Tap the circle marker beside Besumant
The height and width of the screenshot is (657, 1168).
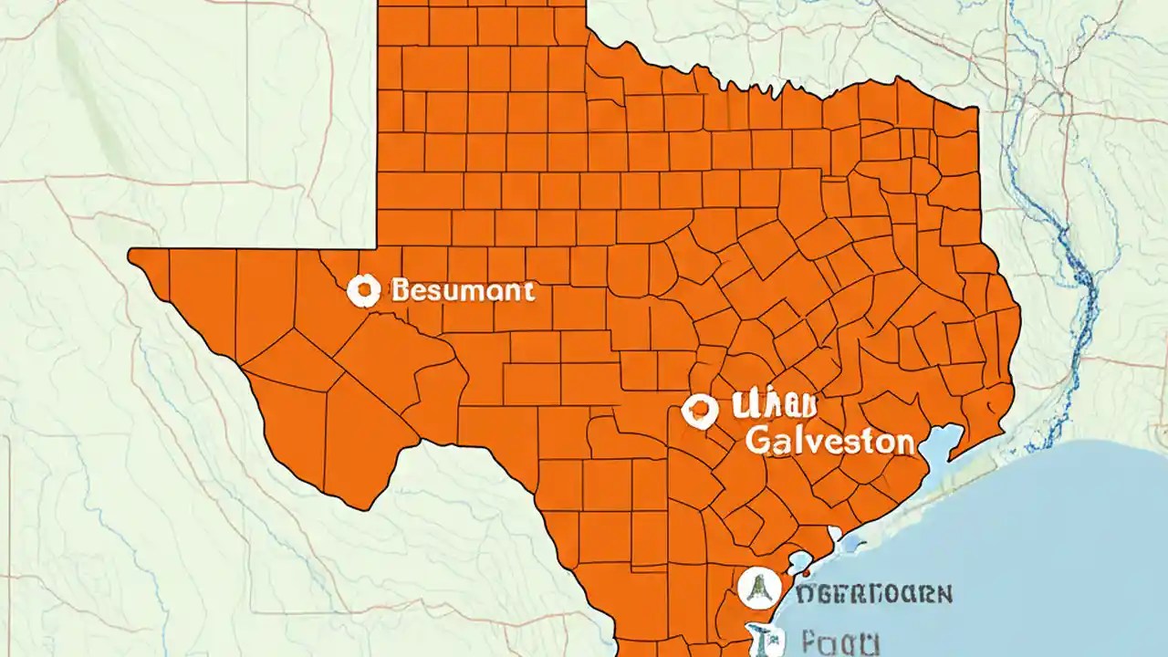363,291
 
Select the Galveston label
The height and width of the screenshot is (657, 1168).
829,442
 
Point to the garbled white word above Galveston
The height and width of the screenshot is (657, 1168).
775,407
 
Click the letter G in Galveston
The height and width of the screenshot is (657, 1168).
758,442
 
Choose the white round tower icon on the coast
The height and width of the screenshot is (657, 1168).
756,589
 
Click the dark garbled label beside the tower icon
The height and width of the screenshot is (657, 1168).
874,594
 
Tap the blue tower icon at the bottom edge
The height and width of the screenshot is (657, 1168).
759,639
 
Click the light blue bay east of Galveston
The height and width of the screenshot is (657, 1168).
939,447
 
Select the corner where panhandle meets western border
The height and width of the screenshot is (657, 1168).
378,248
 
